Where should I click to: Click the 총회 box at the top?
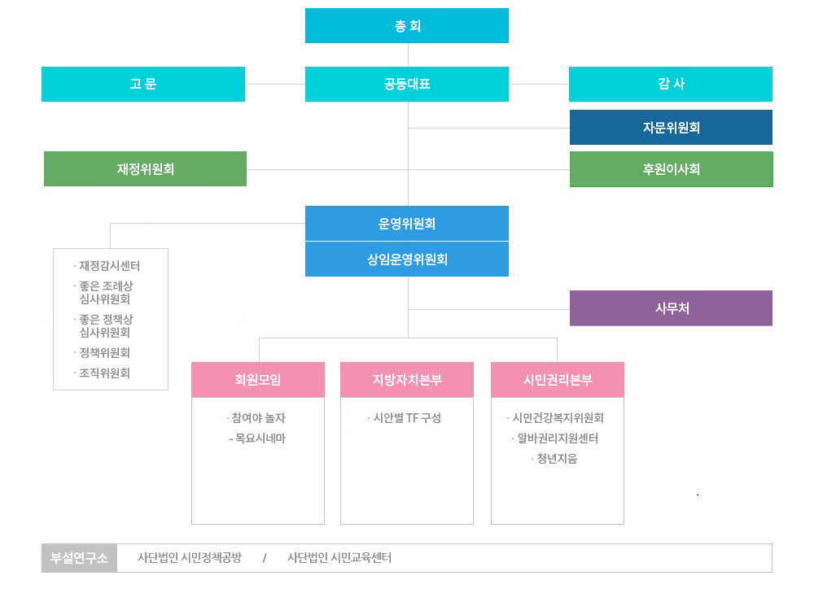tap(407, 25)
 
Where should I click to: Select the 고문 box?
tap(143, 84)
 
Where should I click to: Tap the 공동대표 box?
tap(407, 84)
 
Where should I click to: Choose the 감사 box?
tap(671, 84)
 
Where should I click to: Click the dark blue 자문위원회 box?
tap(671, 127)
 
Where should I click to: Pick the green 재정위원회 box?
tap(145, 169)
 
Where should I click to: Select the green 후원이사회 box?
tap(671, 169)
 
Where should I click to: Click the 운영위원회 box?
tap(407, 223)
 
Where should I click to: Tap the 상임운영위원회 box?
tap(407, 260)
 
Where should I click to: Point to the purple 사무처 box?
tap(671, 308)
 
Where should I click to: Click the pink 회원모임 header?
tap(258, 379)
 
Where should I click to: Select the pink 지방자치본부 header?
tap(407, 379)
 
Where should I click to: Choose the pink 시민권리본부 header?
tap(558, 379)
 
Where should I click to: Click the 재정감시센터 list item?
tap(109, 266)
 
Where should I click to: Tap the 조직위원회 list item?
tap(104, 373)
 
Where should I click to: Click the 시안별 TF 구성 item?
tap(406, 418)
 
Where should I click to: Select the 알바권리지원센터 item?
tap(558, 438)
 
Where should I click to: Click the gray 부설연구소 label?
tap(79, 558)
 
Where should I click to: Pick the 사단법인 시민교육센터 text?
tap(339, 558)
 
